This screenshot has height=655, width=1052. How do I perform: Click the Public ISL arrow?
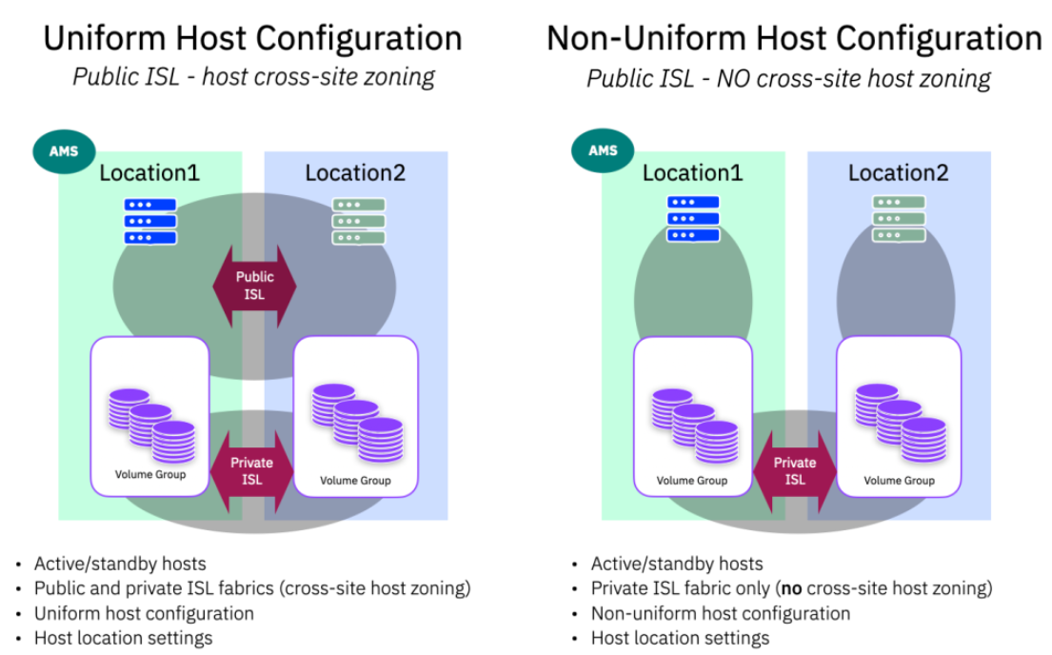[x=253, y=285]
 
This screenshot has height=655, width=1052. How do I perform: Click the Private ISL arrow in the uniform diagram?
[x=252, y=470]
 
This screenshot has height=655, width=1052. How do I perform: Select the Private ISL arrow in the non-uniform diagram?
[x=795, y=470]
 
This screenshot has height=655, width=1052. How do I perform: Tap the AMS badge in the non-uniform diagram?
[x=604, y=150]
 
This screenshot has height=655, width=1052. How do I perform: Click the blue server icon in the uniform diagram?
[x=150, y=221]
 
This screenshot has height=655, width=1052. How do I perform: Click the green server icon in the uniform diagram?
[x=358, y=221]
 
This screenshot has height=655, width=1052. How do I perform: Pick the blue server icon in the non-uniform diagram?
[x=693, y=219]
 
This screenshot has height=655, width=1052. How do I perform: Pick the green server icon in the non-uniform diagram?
[x=900, y=219]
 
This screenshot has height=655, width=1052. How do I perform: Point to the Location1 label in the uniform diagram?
[x=149, y=173]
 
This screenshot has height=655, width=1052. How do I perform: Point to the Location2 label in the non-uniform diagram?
[x=898, y=173]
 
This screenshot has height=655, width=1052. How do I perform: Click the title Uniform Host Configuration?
[x=253, y=38]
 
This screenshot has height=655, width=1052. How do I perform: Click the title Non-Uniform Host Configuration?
[x=794, y=38]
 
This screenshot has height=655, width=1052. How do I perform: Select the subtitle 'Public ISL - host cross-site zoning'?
[x=253, y=76]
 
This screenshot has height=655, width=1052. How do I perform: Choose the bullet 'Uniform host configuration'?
[x=144, y=613]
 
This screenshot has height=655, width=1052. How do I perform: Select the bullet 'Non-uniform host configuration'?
[x=720, y=613]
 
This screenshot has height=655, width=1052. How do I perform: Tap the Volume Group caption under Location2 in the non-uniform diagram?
[x=899, y=481]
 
